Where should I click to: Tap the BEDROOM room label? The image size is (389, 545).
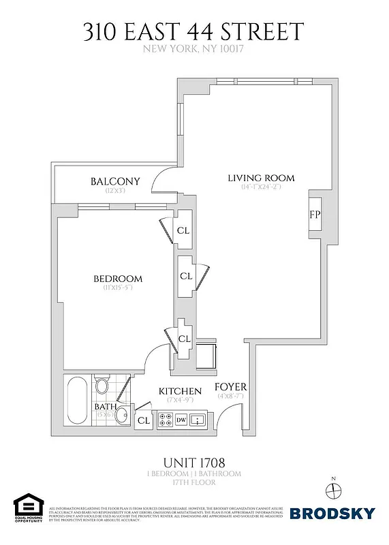click(x=117, y=279)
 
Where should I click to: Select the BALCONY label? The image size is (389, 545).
click(x=114, y=181)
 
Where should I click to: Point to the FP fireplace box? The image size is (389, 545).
click(x=315, y=215)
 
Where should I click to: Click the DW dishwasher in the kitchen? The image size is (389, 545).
click(x=181, y=420)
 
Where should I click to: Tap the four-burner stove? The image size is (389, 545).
click(x=165, y=420)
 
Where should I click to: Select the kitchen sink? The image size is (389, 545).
click(x=198, y=420)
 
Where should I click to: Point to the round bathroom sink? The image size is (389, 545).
click(x=122, y=415)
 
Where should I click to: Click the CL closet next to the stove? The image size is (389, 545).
click(x=143, y=421)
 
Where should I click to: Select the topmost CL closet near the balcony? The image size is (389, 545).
click(x=183, y=230)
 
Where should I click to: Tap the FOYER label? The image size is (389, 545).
click(x=231, y=387)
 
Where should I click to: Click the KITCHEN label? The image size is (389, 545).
click(x=180, y=391)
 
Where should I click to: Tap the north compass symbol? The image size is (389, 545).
click(x=332, y=490)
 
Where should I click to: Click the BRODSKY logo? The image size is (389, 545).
click(x=332, y=513)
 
